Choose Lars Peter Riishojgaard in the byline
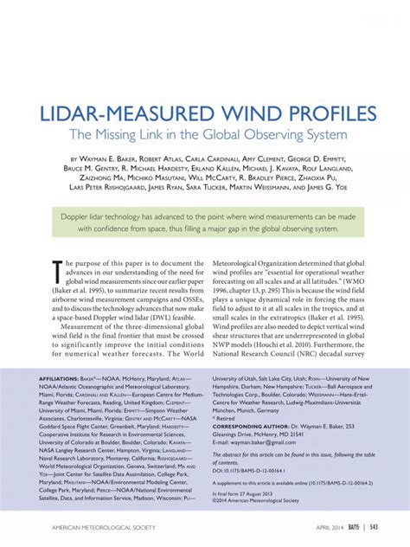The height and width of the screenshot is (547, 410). [x=93, y=186]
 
